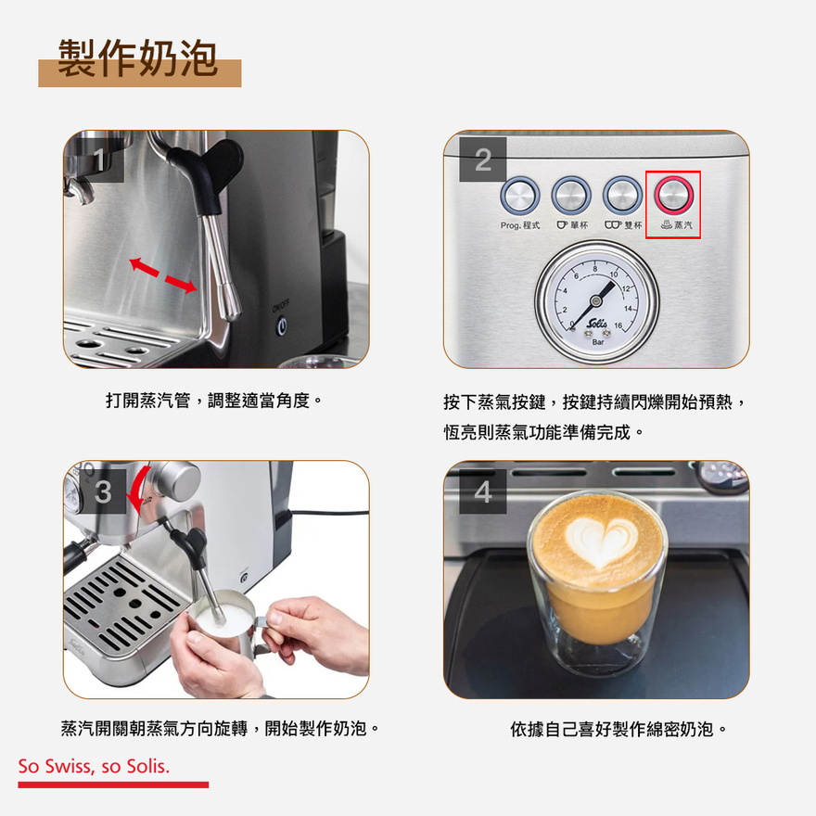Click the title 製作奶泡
click(137, 57)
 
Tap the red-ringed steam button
click(673, 196)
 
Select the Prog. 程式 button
click(520, 196)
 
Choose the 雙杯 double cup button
click(622, 196)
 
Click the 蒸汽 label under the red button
click(677, 225)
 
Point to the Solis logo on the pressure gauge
click(596, 324)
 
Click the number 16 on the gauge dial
click(618, 325)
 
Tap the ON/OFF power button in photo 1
click(282, 326)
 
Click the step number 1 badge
click(100, 159)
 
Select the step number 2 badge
click(482, 159)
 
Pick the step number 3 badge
click(103, 491)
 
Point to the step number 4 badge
click(482, 491)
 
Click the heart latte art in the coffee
click(600, 542)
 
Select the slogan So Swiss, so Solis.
click(95, 767)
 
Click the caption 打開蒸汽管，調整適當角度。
click(214, 401)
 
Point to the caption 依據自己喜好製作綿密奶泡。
click(618, 729)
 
